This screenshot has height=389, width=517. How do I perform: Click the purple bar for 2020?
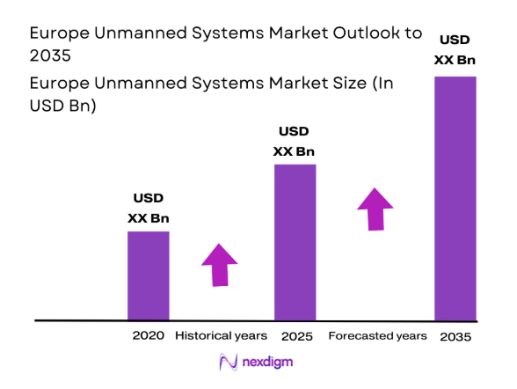click(148, 275)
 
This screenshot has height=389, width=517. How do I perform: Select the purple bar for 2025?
click(295, 242)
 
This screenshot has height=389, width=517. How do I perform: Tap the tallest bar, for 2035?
click(455, 198)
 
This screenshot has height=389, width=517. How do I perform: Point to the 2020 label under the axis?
click(148, 336)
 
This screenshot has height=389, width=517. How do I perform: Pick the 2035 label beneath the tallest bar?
click(455, 337)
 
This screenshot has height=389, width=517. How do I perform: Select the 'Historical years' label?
click(220, 336)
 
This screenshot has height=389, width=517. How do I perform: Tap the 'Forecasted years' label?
click(377, 336)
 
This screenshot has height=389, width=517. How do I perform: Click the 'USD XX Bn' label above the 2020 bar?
click(148, 207)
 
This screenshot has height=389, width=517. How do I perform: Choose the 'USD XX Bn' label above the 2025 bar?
click(295, 141)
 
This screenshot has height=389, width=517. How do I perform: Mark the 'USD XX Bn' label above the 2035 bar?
click(455, 51)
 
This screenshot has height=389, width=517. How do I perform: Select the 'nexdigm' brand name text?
click(268, 362)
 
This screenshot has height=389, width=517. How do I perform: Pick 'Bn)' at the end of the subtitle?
click(82, 106)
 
